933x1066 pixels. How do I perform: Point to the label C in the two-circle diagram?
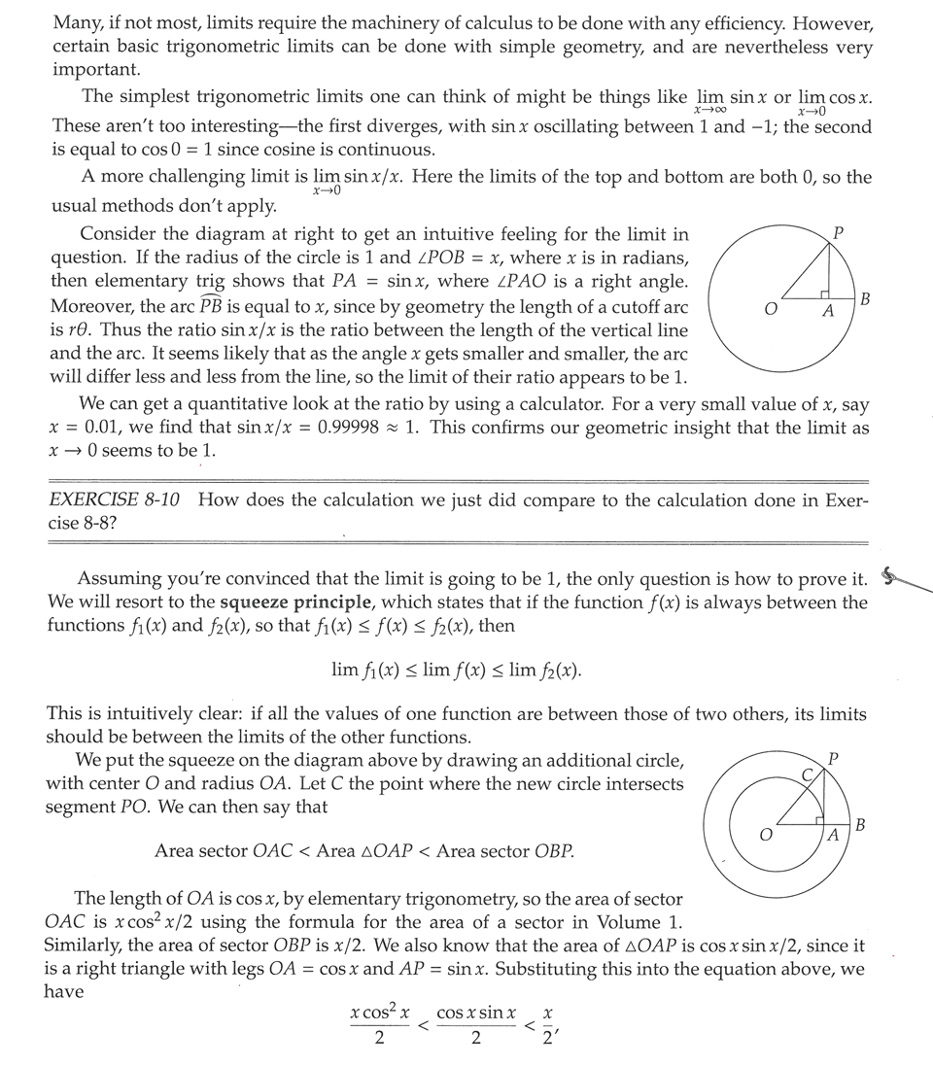tap(806, 774)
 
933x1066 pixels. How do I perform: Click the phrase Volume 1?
tap(642, 921)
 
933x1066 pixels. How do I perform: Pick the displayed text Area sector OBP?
tap(504, 851)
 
